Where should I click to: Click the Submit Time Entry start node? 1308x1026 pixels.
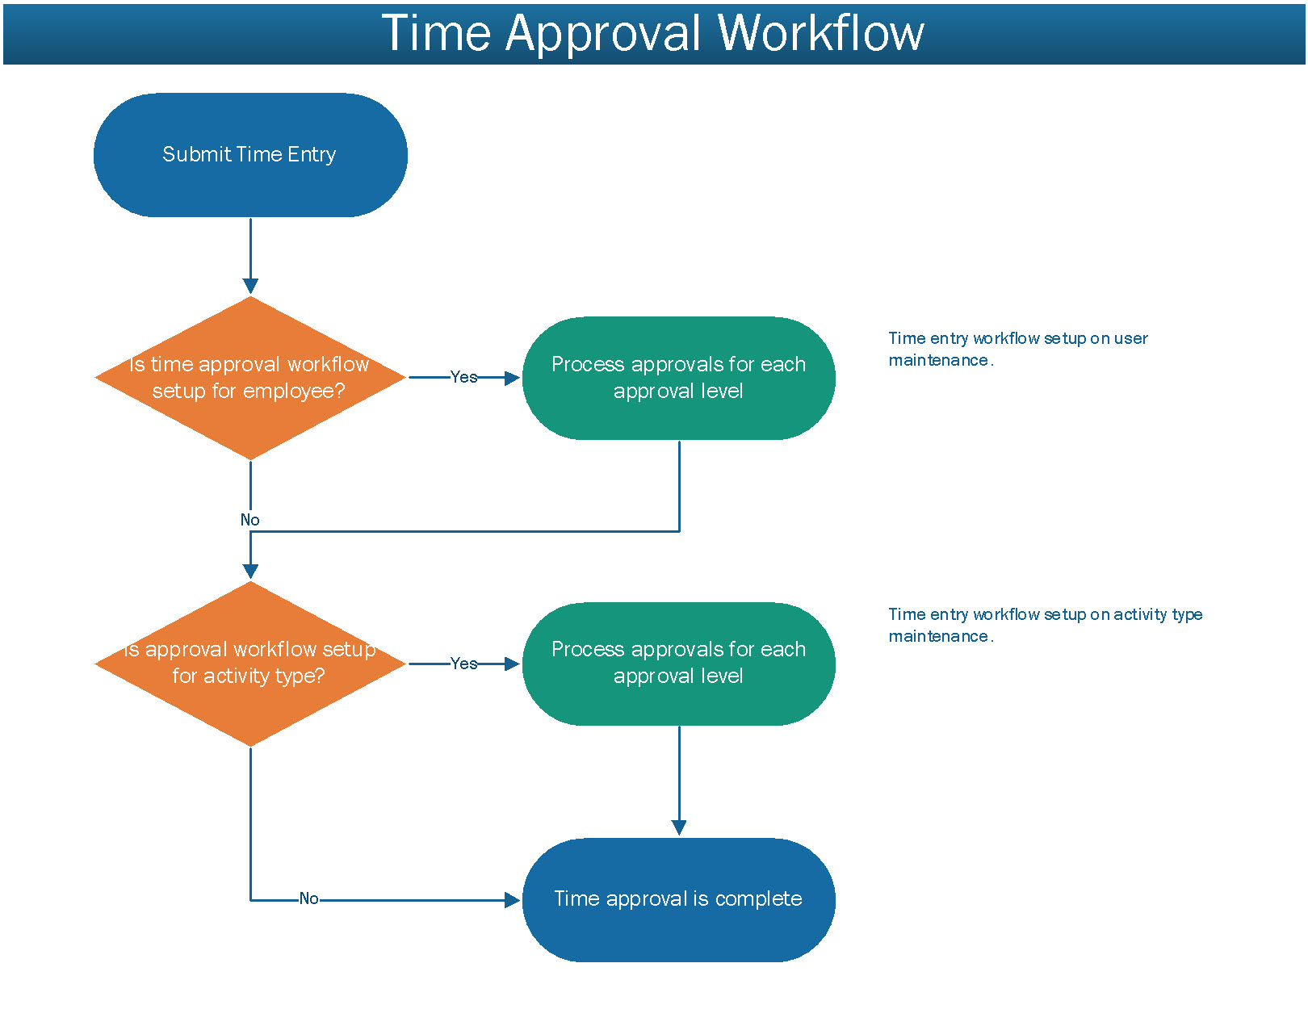[x=250, y=155]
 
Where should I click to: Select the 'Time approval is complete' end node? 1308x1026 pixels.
[x=678, y=899]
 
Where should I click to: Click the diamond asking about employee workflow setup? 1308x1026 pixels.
[x=250, y=378]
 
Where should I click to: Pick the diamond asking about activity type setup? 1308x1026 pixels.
[x=250, y=664]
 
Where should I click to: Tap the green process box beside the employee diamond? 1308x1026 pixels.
[x=678, y=378]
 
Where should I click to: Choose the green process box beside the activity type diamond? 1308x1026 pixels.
[x=678, y=664]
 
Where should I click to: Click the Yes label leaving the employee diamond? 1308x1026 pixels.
[x=464, y=377]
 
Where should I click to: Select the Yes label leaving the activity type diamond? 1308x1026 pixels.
[x=464, y=664]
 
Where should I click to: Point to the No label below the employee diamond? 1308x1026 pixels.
[x=249, y=520]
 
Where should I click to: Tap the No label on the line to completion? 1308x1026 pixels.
[x=308, y=899]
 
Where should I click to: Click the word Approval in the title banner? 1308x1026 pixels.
[x=603, y=35]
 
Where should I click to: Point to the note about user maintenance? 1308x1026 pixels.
[x=1018, y=349]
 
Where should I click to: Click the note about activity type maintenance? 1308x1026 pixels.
[x=1045, y=626]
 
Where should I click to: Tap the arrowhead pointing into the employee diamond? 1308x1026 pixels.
[x=250, y=287]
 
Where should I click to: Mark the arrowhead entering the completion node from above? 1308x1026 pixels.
[x=679, y=828]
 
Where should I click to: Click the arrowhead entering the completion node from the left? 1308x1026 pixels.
[x=512, y=900]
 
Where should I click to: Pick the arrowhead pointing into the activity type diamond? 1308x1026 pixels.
[x=250, y=572]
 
